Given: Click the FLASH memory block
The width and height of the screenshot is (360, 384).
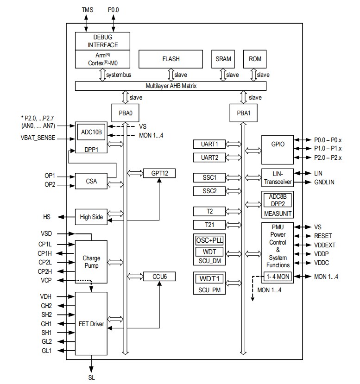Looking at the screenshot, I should tap(171, 59).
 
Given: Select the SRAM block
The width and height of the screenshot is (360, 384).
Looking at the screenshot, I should tap(223, 59).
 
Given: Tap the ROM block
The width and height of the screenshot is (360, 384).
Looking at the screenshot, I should tap(255, 59).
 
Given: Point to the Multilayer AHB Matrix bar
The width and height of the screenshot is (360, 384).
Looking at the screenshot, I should tap(171, 86).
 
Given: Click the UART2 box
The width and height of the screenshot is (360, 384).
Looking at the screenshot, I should tap(209, 157).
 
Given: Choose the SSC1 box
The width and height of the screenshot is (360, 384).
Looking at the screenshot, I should tap(209, 177).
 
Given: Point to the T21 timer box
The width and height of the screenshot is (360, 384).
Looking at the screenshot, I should tap(209, 225).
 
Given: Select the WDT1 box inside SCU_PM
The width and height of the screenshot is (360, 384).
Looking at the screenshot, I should tap(209, 279).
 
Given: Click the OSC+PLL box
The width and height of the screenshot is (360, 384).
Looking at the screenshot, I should tap(209, 240).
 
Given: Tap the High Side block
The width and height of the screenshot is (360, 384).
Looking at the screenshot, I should tap(91, 217).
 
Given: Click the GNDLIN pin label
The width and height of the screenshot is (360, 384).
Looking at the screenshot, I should tap(324, 182).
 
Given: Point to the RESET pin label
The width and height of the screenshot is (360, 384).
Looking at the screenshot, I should tap(323, 236).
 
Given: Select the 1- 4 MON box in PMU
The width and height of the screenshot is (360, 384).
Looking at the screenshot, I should tap(278, 277).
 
